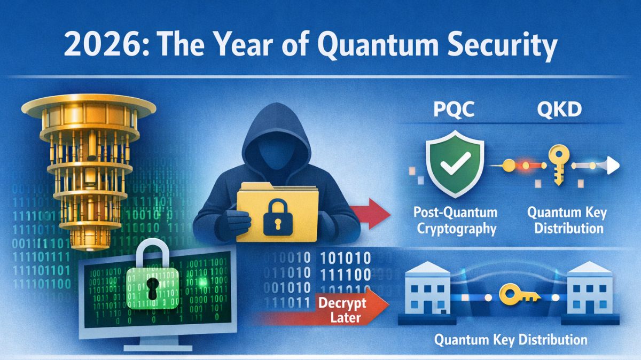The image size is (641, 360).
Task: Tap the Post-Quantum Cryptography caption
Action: click(456, 220)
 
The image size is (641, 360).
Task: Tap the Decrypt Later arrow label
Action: click(342, 310)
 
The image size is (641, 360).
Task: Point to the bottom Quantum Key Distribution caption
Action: click(510, 340)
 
